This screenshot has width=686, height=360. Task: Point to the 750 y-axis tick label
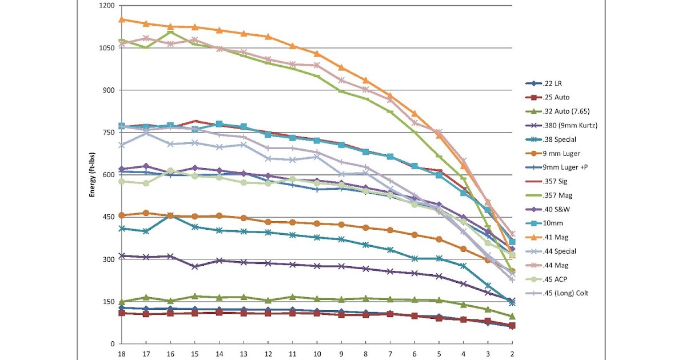tap(109, 133)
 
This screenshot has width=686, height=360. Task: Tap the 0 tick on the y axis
tap(113, 343)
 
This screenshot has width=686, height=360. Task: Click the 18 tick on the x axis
tap(121, 354)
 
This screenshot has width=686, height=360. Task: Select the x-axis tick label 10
tap(317, 354)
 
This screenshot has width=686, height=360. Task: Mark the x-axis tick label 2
tap(512, 354)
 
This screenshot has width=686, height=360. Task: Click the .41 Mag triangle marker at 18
tap(121, 19)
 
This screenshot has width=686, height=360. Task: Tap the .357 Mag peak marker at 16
tap(170, 32)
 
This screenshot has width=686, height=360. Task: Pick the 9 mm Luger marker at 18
tap(121, 215)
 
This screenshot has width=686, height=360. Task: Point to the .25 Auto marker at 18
tap(121, 313)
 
